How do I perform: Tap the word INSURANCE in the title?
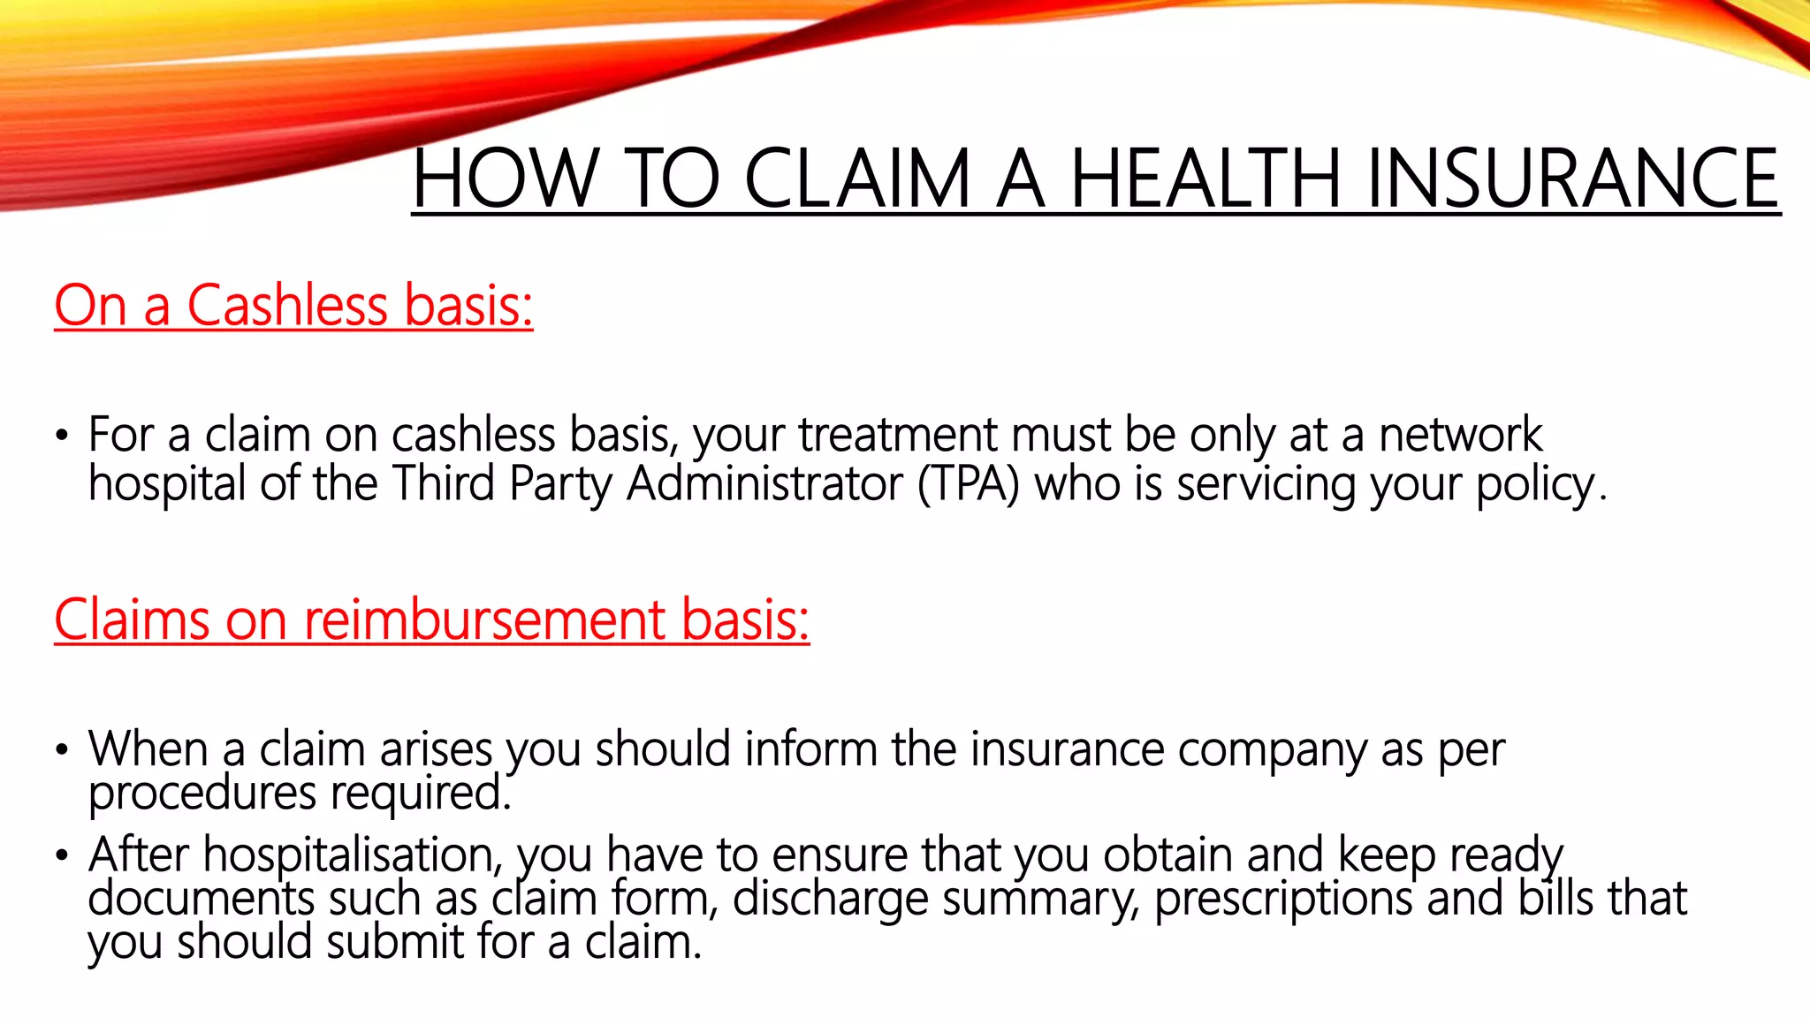(1572, 179)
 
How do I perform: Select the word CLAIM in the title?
(857, 179)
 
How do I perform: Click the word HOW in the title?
(505, 179)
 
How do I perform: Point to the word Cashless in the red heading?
(287, 306)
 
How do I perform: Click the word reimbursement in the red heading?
(484, 619)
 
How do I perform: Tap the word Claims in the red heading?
(132, 619)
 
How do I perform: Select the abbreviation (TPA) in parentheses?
(969, 484)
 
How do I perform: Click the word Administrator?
(765, 484)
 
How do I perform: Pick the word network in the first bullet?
(1460, 435)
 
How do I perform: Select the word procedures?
(202, 794)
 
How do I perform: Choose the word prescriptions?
(1283, 900)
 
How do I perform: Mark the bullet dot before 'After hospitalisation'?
(61, 855)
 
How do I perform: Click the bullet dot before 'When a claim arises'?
(61, 750)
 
